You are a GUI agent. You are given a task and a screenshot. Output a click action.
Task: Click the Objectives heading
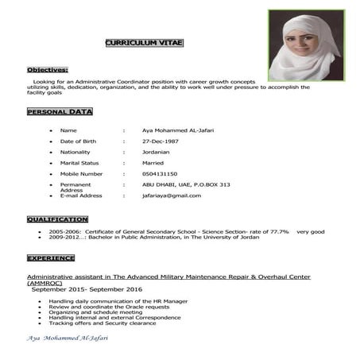(x=47, y=70)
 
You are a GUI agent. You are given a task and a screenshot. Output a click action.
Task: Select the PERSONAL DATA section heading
(x=60, y=112)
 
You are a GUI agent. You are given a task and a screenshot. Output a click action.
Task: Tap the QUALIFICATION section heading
(x=57, y=219)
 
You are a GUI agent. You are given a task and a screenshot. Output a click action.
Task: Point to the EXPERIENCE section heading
(x=51, y=258)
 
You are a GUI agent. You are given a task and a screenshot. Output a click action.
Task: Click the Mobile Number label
(x=81, y=173)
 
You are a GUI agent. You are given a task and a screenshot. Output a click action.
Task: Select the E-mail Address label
(x=81, y=195)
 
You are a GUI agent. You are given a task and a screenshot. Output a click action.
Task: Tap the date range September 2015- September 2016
(x=87, y=289)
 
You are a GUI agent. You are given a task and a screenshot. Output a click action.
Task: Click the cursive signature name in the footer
(x=68, y=339)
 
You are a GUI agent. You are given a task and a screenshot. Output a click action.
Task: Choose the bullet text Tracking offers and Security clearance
(x=103, y=323)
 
